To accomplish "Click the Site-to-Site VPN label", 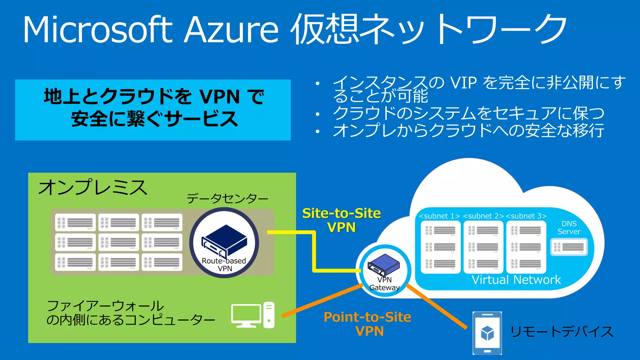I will [x=342, y=220].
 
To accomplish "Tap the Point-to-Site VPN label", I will [x=367, y=324].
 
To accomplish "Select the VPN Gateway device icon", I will [x=384, y=264].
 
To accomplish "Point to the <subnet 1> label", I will [x=439, y=216].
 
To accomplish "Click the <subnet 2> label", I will [x=483, y=216].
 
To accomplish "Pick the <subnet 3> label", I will [x=526, y=216].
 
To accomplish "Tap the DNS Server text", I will [x=569, y=227].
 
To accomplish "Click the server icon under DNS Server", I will [x=569, y=247].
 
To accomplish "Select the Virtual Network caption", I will [x=516, y=280].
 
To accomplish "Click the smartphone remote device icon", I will [x=487, y=333].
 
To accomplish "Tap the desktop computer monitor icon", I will [x=246, y=315].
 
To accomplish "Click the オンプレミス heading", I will [x=92, y=187].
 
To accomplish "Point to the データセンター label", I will [x=227, y=198].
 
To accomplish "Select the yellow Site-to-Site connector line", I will [x=314, y=250].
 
